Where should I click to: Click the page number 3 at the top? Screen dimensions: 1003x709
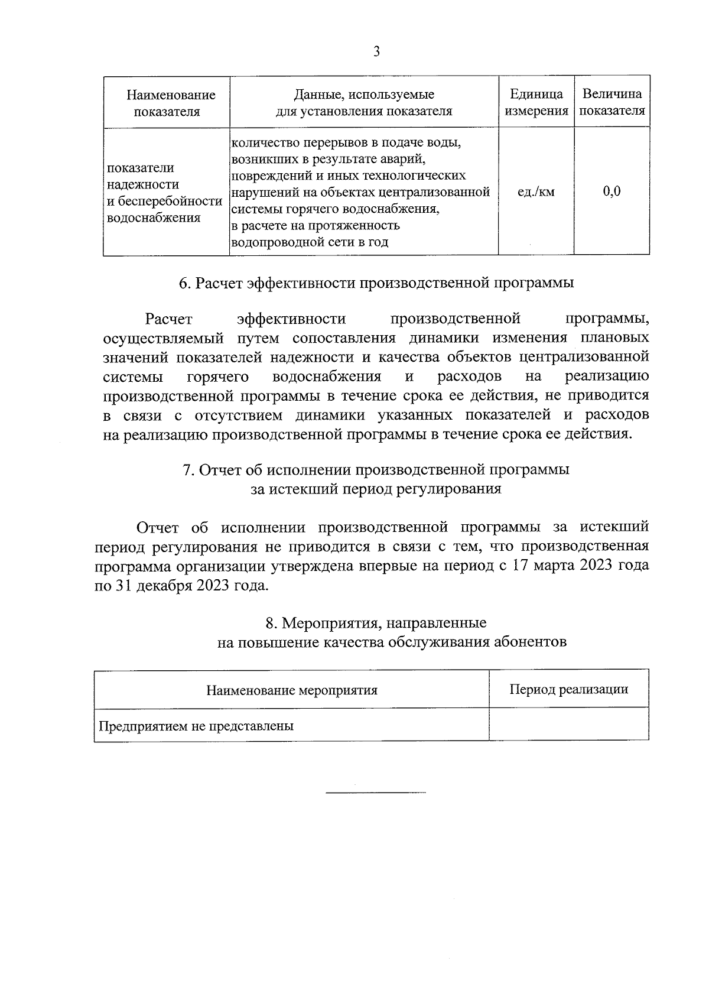(376, 51)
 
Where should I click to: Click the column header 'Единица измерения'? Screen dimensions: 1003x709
(536, 102)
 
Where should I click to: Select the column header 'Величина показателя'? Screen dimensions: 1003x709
(612, 102)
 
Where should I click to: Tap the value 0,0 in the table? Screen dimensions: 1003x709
(612, 191)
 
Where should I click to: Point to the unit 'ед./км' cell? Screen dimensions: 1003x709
(536, 191)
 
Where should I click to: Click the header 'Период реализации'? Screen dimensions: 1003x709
(568, 689)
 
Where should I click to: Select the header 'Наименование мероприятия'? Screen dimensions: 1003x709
(292, 690)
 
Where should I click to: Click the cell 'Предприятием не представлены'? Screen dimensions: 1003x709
(196, 726)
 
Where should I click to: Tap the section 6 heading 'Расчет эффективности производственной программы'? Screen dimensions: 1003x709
(376, 283)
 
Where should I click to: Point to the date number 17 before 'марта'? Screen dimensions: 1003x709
(520, 565)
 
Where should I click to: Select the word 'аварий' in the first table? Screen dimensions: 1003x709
(406, 159)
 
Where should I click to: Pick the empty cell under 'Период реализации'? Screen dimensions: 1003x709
(568, 725)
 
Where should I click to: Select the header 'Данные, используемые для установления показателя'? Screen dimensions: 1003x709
(364, 102)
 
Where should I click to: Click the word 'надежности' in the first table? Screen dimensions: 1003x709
(143, 184)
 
